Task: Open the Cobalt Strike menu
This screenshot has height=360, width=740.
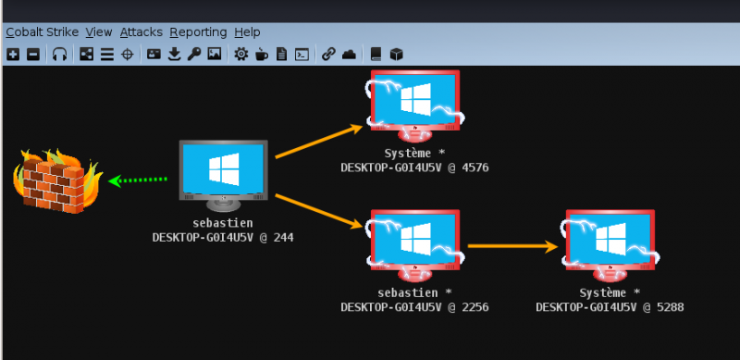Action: [41, 32]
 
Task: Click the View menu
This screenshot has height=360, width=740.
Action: [99, 32]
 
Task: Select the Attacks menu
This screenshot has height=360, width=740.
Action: [141, 32]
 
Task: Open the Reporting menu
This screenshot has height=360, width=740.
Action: [198, 32]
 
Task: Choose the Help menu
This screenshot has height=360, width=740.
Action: [247, 32]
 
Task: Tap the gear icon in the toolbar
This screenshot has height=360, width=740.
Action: [240, 55]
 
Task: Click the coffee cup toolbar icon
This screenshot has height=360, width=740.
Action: [261, 55]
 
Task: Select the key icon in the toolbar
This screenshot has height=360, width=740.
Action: [194, 55]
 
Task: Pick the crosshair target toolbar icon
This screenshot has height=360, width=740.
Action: [127, 55]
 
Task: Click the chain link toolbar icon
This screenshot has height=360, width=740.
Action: [328, 55]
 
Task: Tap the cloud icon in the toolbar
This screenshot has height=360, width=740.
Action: [349, 55]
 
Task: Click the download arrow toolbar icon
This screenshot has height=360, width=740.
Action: [174, 55]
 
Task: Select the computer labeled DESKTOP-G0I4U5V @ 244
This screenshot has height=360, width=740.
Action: [223, 173]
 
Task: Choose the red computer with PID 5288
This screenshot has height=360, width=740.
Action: [610, 243]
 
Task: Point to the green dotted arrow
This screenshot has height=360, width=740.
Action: [139, 180]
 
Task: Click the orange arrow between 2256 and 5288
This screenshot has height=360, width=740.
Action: [513, 246]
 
